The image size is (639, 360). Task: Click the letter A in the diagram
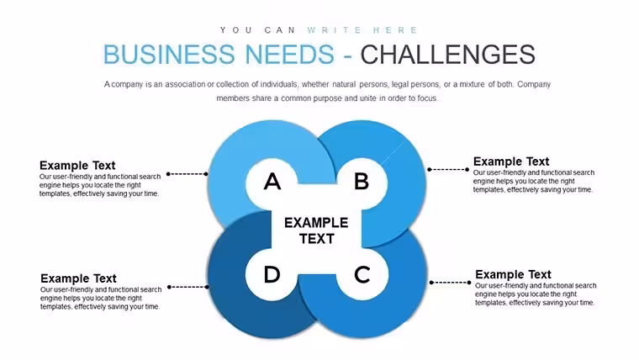point(272,182)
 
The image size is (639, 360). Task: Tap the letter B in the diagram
point(362,182)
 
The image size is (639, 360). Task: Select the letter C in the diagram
point(362,274)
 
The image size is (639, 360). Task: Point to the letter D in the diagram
point(272,274)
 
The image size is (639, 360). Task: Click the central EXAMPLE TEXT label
point(316,230)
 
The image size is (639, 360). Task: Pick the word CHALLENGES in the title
point(447,54)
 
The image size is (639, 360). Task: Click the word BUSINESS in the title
point(169,54)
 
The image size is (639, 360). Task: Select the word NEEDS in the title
point(290,54)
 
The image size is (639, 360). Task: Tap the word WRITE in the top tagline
point(334,30)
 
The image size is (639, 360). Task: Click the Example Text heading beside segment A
point(77,165)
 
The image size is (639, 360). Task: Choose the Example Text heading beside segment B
point(511,161)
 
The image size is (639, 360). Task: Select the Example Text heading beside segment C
point(513,274)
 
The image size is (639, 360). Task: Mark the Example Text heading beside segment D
point(78,278)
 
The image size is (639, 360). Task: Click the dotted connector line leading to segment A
point(187,174)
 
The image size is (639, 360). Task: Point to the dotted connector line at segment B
point(448,170)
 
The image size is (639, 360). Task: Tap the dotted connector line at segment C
point(451,283)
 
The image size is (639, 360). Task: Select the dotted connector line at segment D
point(188,287)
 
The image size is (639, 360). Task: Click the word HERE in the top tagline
point(396,30)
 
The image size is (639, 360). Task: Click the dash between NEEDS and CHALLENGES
point(347,56)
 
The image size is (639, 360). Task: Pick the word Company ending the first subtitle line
point(534,84)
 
